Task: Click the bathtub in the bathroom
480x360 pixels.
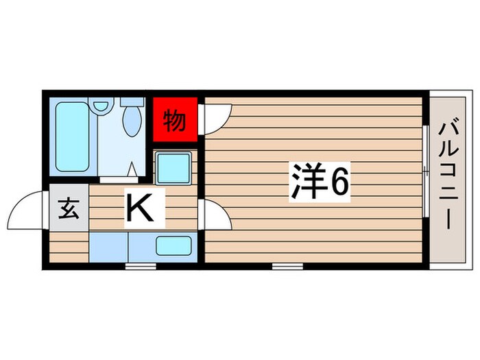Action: (x=72, y=137)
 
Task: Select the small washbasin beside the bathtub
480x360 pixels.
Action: (x=102, y=106)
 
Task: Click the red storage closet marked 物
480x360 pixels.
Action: (x=175, y=121)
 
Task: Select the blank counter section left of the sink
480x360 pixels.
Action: (x=108, y=245)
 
